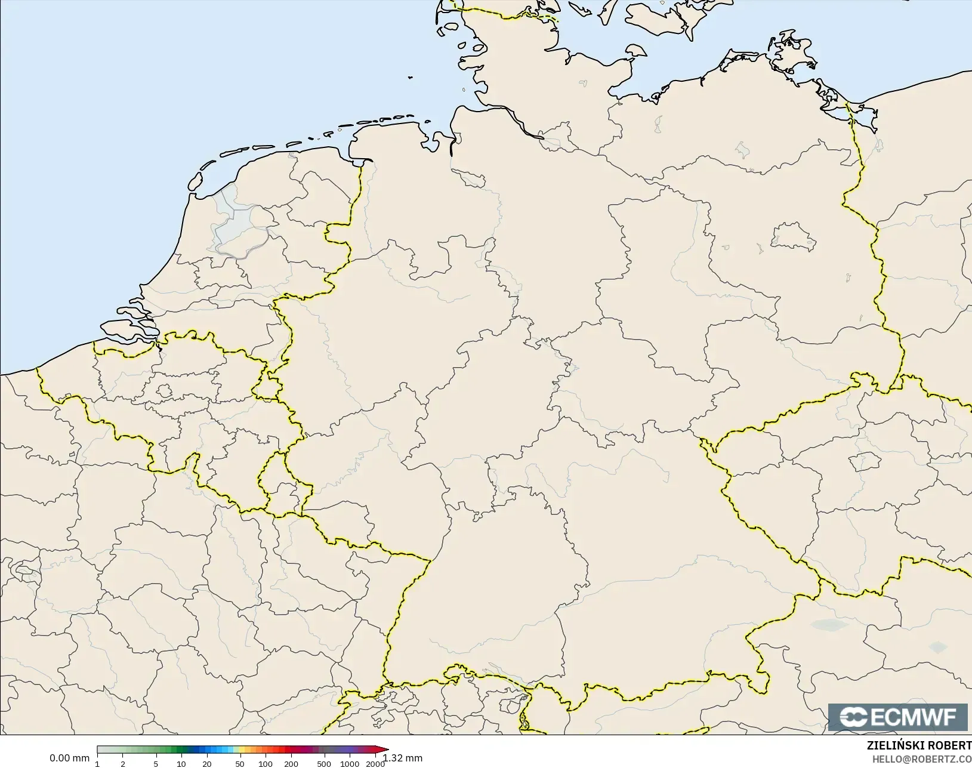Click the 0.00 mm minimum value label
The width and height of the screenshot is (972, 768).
click(x=69, y=758)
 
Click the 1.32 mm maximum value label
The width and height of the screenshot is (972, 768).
click(x=403, y=758)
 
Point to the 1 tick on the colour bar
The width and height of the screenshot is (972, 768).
click(x=97, y=764)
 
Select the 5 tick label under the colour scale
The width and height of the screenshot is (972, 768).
click(x=156, y=764)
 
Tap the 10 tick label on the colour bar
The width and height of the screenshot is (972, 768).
click(x=181, y=764)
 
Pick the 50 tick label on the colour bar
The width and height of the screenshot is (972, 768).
click(x=240, y=764)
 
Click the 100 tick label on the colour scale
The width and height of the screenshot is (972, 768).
click(x=266, y=764)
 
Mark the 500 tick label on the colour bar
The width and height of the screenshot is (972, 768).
click(x=324, y=764)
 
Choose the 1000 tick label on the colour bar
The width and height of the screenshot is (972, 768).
click(x=350, y=764)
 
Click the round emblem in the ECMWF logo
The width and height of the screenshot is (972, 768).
click(x=854, y=717)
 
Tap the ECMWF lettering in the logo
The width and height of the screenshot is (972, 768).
click(x=914, y=717)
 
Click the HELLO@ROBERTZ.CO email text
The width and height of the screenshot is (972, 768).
click(x=922, y=759)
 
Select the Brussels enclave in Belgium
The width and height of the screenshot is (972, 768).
click(x=164, y=391)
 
